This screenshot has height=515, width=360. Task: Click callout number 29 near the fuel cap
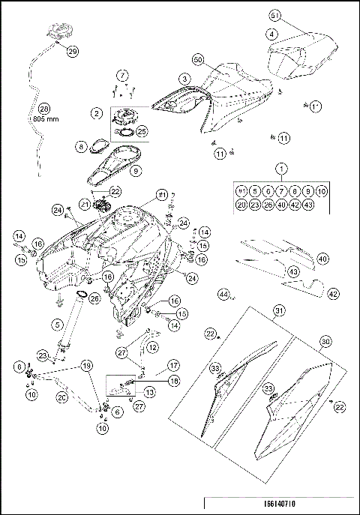[x=72, y=52]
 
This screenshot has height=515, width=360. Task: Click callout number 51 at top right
[x=274, y=16]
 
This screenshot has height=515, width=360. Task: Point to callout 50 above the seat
[x=198, y=58]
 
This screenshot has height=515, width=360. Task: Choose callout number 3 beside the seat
[x=183, y=78]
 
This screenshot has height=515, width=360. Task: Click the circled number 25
[x=141, y=130]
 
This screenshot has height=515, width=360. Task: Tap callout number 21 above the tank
[x=85, y=203]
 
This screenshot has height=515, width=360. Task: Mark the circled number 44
[x=223, y=295]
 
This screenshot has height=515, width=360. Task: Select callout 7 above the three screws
[x=122, y=75]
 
